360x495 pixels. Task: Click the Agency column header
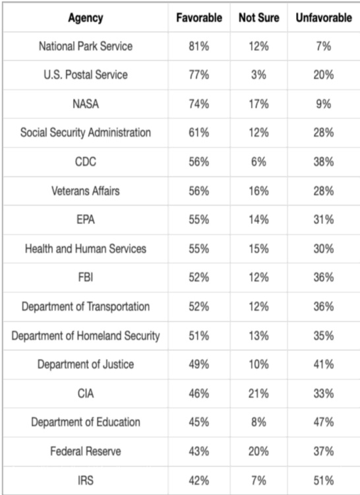tap(85, 17)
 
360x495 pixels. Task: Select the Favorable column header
tap(200, 17)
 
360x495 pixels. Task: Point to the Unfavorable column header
tap(323, 17)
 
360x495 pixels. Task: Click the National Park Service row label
tap(85, 47)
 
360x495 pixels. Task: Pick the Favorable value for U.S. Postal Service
tap(200, 75)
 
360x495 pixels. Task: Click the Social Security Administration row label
tap(85, 133)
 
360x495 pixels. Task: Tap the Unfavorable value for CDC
tap(323, 162)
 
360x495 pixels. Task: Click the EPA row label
tap(85, 220)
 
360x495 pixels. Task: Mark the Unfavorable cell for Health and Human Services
tap(323, 249)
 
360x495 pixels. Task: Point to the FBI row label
tap(85, 278)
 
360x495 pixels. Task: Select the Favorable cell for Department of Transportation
tap(200, 307)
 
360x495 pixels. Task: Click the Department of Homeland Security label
tap(85, 336)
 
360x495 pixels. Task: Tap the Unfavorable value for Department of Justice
tap(323, 365)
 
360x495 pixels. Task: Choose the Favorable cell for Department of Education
tap(200, 423)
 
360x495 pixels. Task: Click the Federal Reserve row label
tap(85, 452)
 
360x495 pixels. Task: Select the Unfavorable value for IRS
tap(323, 480)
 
